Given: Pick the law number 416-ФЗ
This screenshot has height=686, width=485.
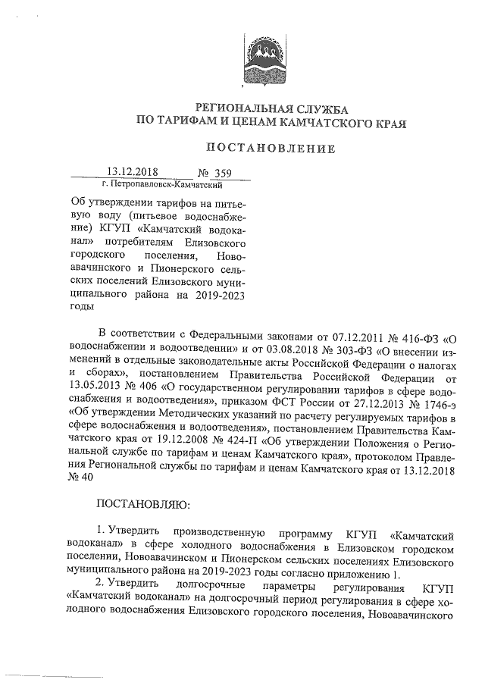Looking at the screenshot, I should tap(411, 334).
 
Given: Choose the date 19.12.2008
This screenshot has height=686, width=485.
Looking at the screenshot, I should tap(180, 443).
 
